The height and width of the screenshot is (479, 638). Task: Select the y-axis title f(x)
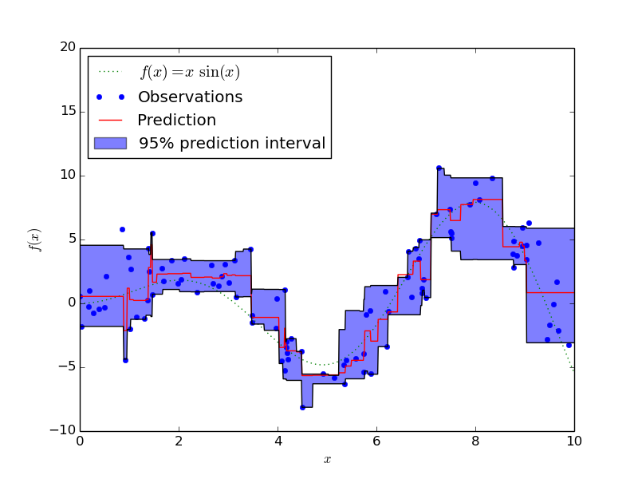[35, 239]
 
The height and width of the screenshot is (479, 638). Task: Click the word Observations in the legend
[190, 97]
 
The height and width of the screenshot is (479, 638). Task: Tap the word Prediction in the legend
[176, 121]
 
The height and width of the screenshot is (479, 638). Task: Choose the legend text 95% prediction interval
[231, 144]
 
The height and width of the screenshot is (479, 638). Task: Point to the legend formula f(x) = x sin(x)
[190, 73]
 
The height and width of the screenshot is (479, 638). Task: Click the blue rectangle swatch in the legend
[110, 144]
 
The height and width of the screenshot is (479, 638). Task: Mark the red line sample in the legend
[110, 121]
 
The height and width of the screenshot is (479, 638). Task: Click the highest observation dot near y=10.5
[439, 168]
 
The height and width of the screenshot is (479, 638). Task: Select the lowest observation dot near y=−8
[302, 407]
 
